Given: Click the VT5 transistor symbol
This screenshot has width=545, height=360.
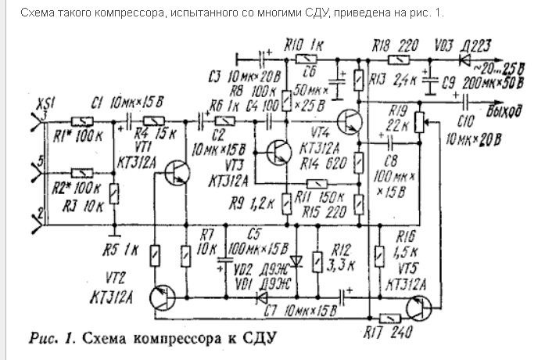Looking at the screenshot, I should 419,310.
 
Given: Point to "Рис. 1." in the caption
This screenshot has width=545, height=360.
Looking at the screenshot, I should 52,339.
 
